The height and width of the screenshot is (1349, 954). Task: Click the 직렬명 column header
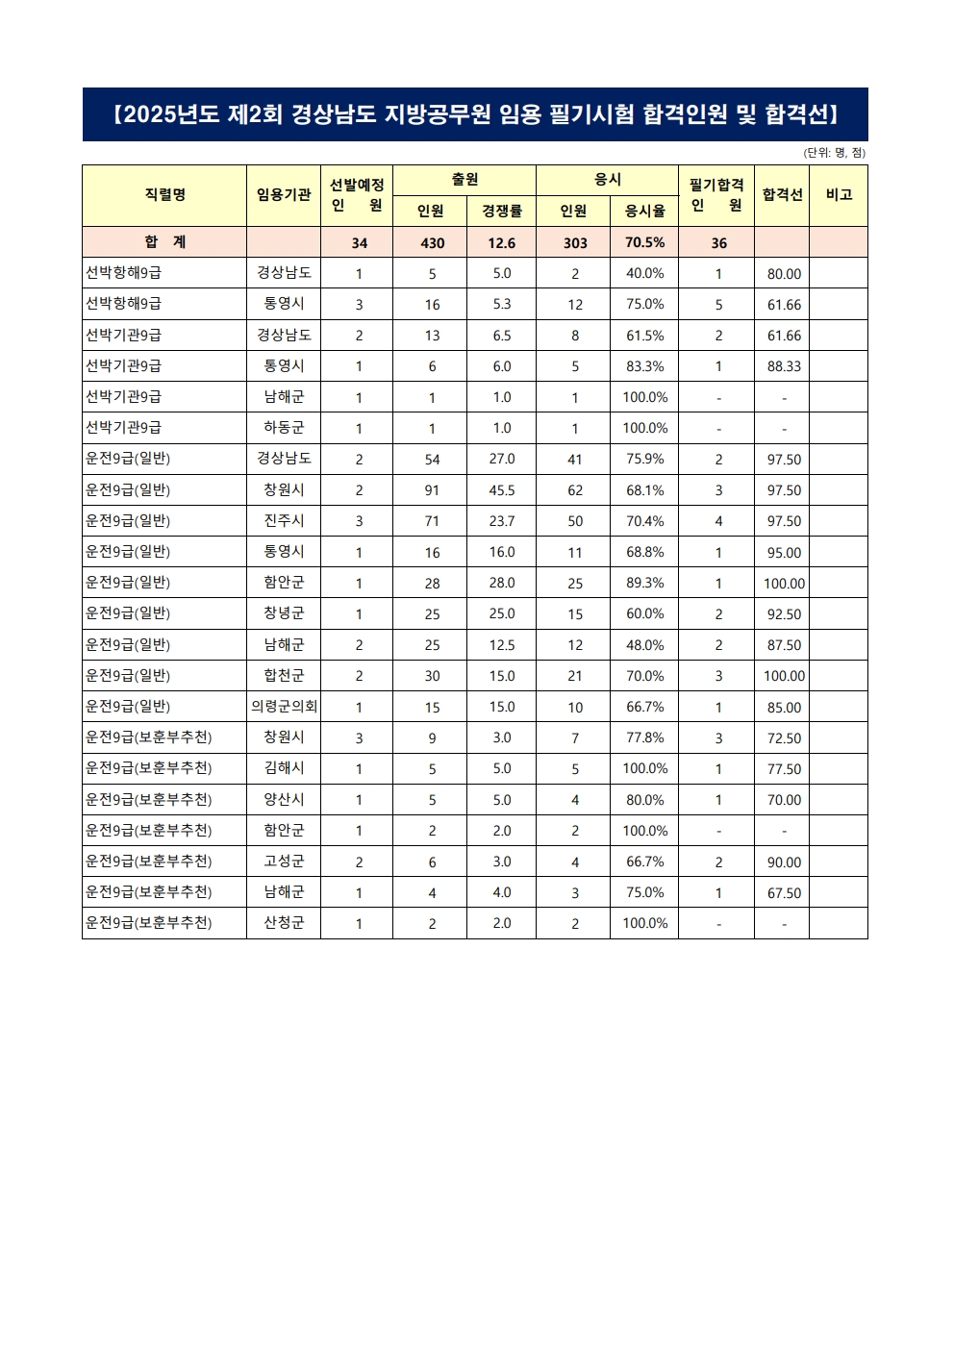click(164, 195)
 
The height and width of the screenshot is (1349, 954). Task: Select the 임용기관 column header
click(284, 195)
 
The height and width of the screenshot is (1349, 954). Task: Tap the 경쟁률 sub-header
click(501, 211)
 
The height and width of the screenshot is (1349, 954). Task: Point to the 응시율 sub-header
click(644, 211)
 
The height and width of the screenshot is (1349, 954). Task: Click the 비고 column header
click(839, 195)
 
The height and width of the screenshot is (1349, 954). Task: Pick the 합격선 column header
click(782, 195)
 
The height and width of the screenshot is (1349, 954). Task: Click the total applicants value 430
click(432, 243)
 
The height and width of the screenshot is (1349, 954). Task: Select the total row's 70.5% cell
click(644, 242)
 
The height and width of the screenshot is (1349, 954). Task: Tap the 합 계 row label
click(164, 242)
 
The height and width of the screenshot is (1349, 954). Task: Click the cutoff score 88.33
click(784, 366)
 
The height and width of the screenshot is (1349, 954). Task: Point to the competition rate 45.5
click(501, 490)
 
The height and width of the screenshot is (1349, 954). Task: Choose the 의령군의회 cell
click(284, 707)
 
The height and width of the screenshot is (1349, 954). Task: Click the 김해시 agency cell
click(284, 768)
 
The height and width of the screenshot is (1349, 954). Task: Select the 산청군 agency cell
click(284, 923)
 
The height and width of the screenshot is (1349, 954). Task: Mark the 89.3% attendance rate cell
click(644, 583)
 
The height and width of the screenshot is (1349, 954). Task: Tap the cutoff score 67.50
click(784, 893)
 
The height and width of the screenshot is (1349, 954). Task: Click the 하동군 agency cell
click(284, 428)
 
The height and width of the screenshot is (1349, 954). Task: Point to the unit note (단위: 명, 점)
click(834, 153)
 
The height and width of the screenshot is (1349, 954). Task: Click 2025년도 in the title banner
click(172, 115)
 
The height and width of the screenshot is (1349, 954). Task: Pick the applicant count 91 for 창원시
click(432, 490)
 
